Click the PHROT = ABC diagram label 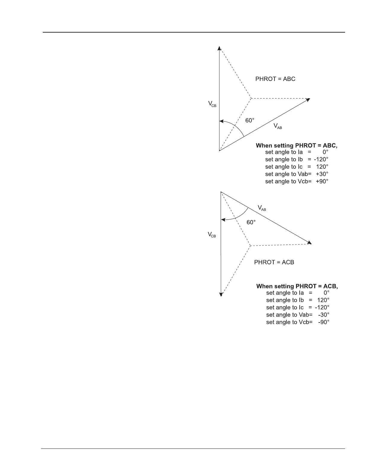coord(275,79)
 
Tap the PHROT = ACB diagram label coord(274,262)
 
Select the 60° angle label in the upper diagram coord(250,120)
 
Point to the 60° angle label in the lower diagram coord(251,222)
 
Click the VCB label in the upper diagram coord(212,104)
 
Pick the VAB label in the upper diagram coord(277,126)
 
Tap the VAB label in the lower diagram coord(262,208)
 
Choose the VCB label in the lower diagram coord(212,235)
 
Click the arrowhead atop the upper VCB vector coord(219,48)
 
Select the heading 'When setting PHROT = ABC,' coord(296,145)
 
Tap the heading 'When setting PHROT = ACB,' coord(297,286)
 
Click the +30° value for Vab coord(322,174)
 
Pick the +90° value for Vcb coord(322,181)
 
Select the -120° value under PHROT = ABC coord(321,159)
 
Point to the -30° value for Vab coord(324,315)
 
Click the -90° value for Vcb coord(324,322)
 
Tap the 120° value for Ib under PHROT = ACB coord(323,300)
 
